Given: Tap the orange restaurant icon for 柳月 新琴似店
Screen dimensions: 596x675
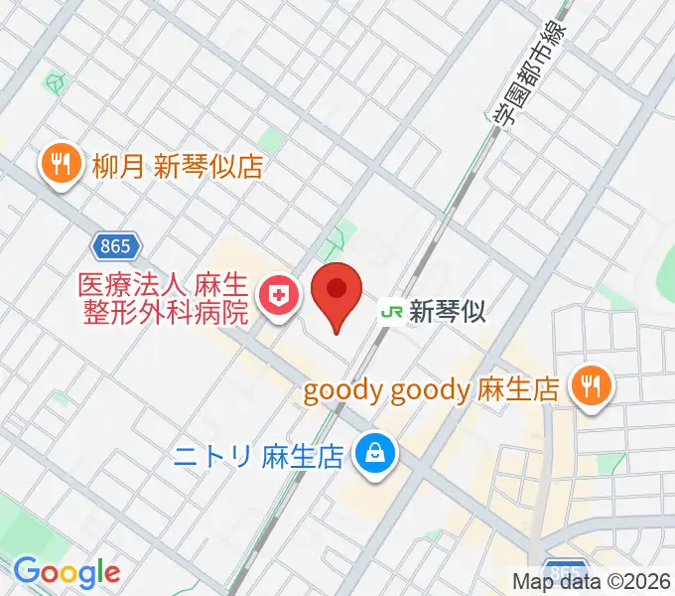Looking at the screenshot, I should (x=62, y=165).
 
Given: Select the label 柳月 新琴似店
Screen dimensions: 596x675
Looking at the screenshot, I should (x=178, y=166).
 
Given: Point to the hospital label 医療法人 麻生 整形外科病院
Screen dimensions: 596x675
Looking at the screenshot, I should (x=164, y=299).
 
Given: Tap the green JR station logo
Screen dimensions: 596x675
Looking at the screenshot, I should (x=392, y=312).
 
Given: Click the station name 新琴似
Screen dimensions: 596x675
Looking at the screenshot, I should (x=448, y=312).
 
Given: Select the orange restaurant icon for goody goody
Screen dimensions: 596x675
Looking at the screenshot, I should (x=593, y=388).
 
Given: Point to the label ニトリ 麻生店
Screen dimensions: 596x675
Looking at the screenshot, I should (x=258, y=456).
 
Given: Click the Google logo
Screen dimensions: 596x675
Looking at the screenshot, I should (x=67, y=572).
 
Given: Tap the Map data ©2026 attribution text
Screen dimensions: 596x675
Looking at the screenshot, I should (x=592, y=581).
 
